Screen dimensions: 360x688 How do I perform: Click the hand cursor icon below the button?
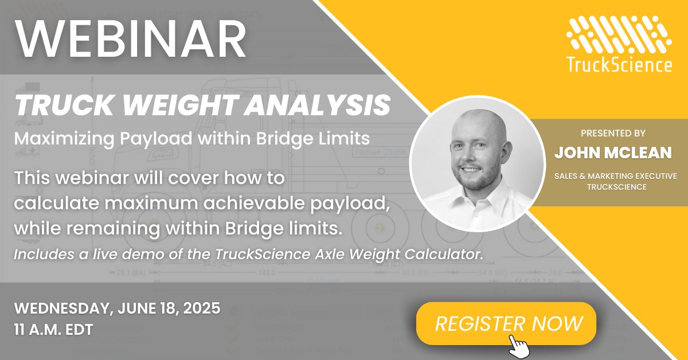pos(519,345)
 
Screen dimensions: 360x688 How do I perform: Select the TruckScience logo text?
pos(619,65)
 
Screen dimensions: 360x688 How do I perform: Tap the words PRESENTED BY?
pos(613,133)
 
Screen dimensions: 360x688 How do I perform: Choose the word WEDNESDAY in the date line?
pos(60,308)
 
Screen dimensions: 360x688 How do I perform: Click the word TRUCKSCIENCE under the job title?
pos(613,186)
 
